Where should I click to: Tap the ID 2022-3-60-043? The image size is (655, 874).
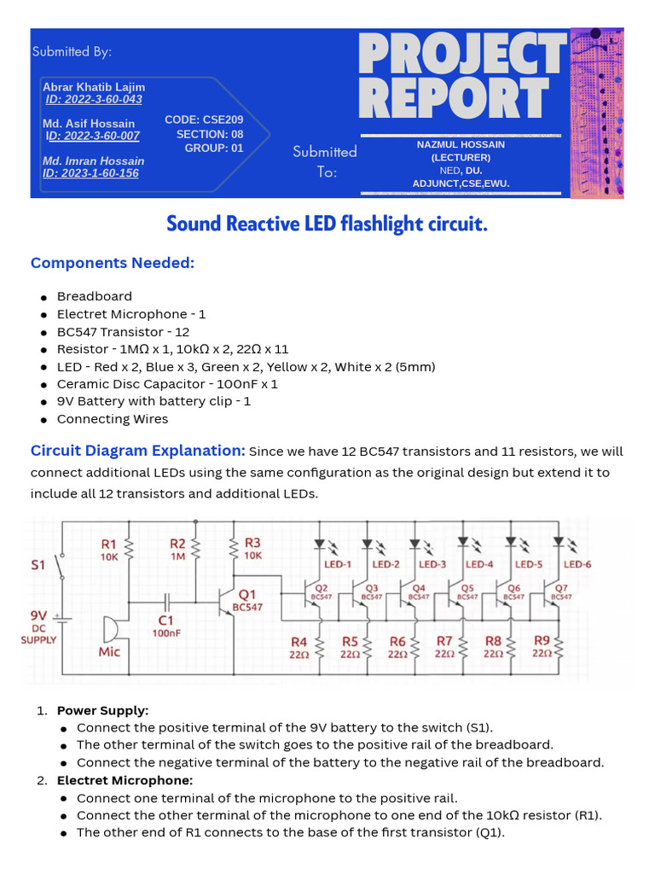pyautogui.click(x=94, y=100)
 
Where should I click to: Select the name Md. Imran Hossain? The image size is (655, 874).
pyautogui.click(x=93, y=160)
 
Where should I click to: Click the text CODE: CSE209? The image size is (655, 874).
pyautogui.click(x=204, y=120)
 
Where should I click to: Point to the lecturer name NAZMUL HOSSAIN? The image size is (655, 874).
pyautogui.click(x=461, y=144)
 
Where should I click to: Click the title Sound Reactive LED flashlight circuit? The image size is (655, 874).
pyautogui.click(x=327, y=224)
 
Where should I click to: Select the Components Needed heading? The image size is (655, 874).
pyautogui.click(x=113, y=263)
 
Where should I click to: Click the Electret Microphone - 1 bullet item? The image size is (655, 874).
pyautogui.click(x=130, y=314)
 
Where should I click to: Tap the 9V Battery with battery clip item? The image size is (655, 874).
pyautogui.click(x=154, y=401)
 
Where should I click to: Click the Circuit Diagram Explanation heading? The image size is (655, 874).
pyautogui.click(x=138, y=451)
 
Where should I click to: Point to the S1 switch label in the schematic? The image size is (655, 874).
pyautogui.click(x=39, y=565)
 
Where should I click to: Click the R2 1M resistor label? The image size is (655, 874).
pyautogui.click(x=177, y=549)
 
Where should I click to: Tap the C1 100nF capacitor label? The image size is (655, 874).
pyautogui.click(x=167, y=626)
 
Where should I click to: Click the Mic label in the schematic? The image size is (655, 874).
pyautogui.click(x=110, y=651)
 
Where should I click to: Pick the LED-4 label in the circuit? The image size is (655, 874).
pyautogui.click(x=479, y=564)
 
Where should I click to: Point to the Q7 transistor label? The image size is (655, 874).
pyautogui.click(x=560, y=591)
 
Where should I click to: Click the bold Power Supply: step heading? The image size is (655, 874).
pyautogui.click(x=102, y=710)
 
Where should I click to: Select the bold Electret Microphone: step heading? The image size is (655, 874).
pyautogui.click(x=125, y=780)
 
